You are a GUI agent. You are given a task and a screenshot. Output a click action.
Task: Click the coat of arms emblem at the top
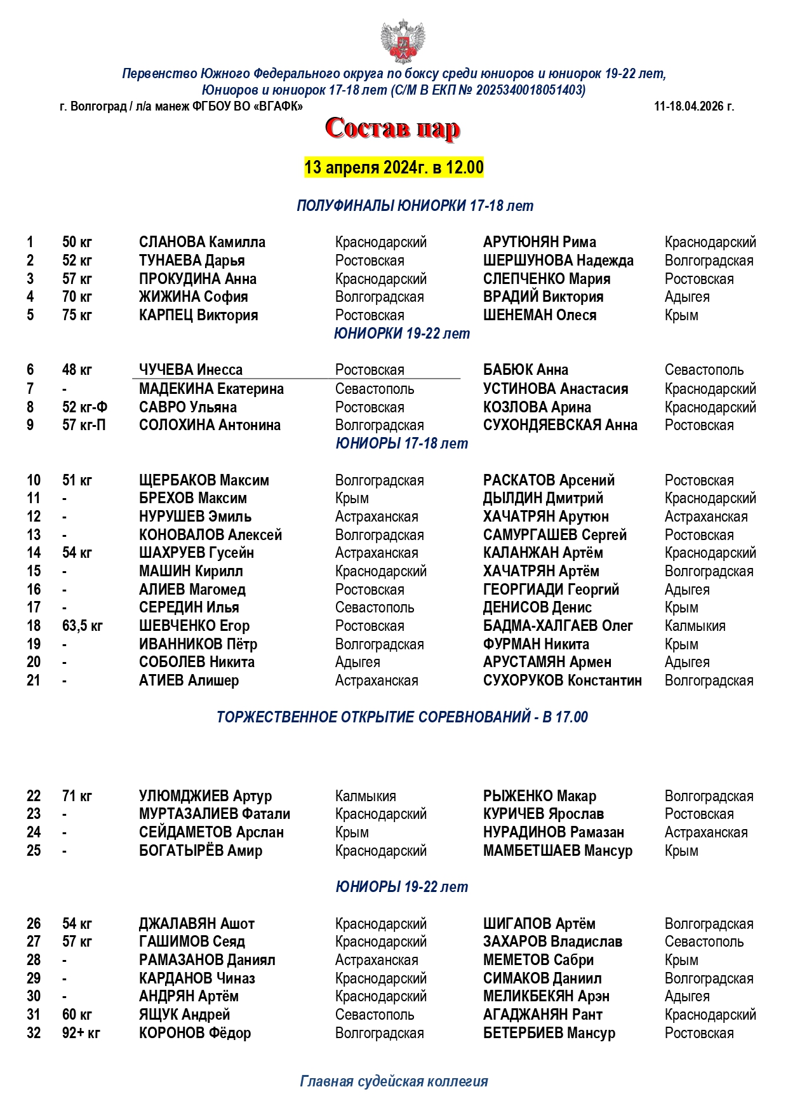pos(403,41)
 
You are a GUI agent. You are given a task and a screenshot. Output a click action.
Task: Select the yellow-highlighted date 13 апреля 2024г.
pos(394,168)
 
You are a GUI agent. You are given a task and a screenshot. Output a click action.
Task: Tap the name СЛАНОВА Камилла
pos(202,242)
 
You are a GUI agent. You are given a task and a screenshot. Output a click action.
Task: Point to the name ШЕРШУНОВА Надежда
pos(558,260)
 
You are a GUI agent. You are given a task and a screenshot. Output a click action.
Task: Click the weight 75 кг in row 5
pos(77,315)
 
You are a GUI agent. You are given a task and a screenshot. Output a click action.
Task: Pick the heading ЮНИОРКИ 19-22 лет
pos(402,334)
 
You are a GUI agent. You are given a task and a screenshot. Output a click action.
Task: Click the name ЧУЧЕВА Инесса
pos(190,370)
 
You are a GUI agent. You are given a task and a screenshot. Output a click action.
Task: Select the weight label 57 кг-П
pos(84,425)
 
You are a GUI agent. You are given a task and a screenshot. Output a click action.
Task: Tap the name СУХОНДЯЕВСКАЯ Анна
pos(560,425)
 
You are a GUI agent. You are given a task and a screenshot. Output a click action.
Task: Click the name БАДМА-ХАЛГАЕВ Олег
pos(558,626)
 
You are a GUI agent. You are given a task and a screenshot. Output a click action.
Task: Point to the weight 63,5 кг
pos(82,626)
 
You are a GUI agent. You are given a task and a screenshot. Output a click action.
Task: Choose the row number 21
pos(34,680)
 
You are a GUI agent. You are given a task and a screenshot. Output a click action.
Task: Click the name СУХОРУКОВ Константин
pos(562,680)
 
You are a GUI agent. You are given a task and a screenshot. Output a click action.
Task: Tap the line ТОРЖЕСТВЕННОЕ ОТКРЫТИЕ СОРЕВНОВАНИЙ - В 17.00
pos(402,717)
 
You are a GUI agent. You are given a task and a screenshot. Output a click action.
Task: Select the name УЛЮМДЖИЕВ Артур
pos(205,796)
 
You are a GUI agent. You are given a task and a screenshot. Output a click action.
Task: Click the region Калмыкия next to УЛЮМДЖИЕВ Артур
pos(365,796)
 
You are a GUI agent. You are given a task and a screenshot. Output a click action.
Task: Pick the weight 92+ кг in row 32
pos(81,1033)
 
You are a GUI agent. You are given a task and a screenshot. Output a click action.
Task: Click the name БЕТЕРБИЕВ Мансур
pos(549,1033)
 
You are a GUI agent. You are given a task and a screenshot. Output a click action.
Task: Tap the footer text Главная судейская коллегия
pos(394,1081)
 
